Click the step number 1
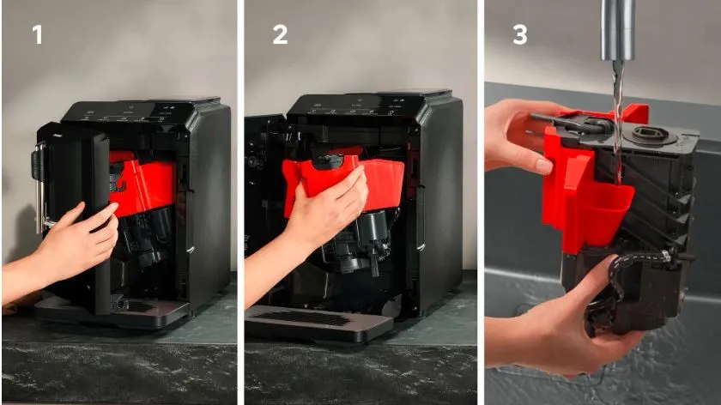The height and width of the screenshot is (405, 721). (x=38, y=34)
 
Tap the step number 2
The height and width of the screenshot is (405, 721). (x=280, y=34)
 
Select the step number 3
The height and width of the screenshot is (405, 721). (x=520, y=34)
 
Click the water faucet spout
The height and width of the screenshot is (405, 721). (x=617, y=30)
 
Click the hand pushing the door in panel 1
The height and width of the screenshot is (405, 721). (x=69, y=244)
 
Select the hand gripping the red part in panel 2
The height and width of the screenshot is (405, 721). (x=312, y=216)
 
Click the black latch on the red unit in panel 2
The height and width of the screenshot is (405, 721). (x=328, y=160)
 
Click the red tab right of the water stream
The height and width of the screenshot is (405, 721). (x=637, y=113)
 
